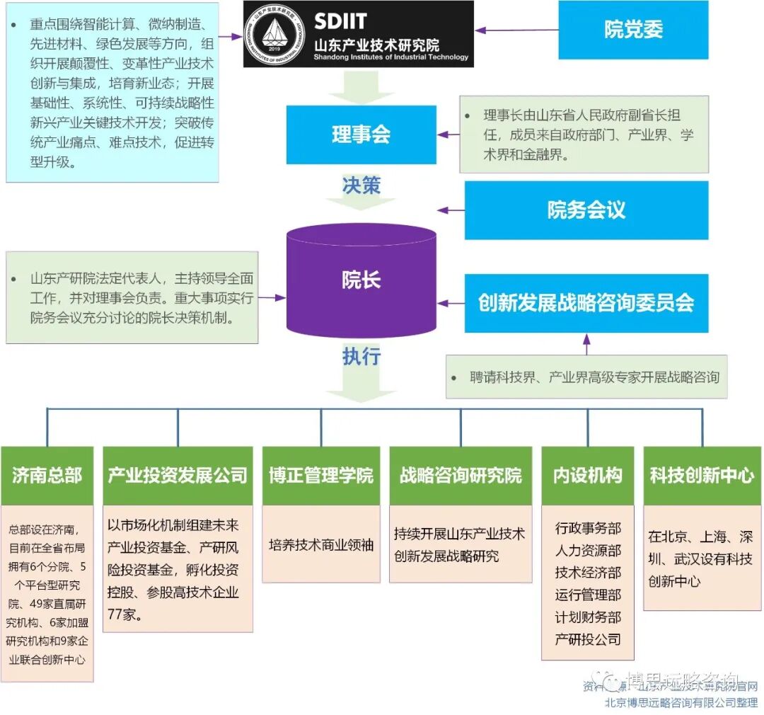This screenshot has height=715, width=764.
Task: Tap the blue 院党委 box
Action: (x=633, y=30)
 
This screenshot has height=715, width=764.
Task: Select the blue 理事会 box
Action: (x=361, y=135)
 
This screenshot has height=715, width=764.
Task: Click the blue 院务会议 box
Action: (x=586, y=210)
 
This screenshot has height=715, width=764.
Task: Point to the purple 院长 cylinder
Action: (x=361, y=280)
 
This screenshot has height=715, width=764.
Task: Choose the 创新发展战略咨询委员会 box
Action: (x=586, y=303)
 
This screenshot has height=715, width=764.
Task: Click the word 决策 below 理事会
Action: (x=361, y=185)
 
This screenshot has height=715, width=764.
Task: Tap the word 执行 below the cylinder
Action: (x=361, y=356)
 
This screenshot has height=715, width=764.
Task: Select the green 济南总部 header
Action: (x=47, y=475)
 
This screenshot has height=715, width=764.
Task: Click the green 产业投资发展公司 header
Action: (x=178, y=475)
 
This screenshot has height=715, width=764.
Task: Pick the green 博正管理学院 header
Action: (x=320, y=475)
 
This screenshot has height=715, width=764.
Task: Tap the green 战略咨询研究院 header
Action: (x=460, y=475)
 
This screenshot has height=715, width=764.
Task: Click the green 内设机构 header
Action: (x=587, y=475)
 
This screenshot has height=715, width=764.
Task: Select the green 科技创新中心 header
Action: (x=702, y=475)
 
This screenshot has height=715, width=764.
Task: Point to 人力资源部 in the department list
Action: (x=588, y=550)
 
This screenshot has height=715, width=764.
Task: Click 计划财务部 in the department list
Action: (x=588, y=617)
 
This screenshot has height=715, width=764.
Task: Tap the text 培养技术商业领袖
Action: (x=320, y=545)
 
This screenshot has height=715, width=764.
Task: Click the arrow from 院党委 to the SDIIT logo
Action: (x=516, y=30)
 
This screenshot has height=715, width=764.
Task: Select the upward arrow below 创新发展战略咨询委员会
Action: (x=586, y=345)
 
